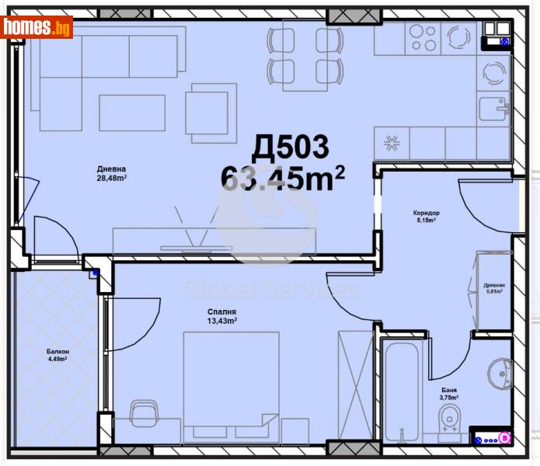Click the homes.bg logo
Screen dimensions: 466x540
pos(37,27)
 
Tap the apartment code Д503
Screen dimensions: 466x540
pos(291,147)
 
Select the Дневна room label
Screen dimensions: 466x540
pos(112,169)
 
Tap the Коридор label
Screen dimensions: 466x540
pos(427,213)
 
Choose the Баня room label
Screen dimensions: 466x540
pos(448,391)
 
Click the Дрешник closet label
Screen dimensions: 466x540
pos(494,284)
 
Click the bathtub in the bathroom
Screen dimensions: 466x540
pos(403,388)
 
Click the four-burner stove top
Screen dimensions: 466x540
pos(423,37)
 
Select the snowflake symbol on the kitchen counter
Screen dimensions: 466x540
pos(392,143)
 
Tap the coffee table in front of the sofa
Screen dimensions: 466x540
pos(132,113)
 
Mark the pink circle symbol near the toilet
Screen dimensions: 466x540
pos(503,438)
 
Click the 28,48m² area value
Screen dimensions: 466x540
pos(112,178)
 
